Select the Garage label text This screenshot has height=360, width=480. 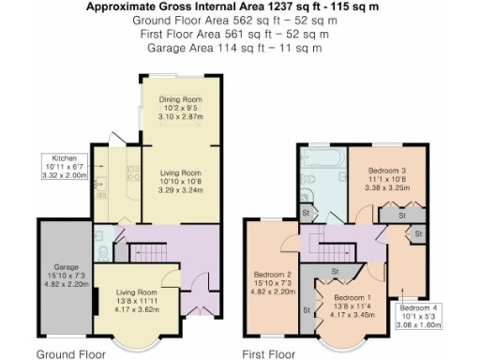click(66, 266)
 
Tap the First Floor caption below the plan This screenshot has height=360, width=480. click(269, 354)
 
